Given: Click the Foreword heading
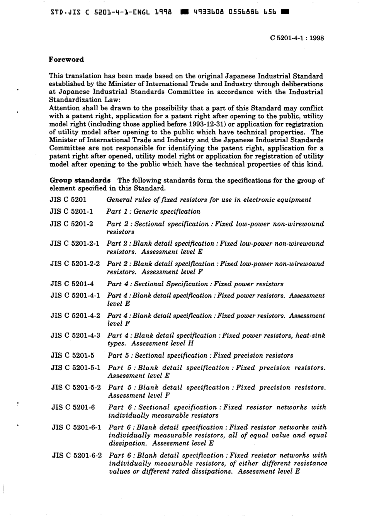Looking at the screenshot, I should (66, 60).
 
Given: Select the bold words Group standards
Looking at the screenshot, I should (80, 180).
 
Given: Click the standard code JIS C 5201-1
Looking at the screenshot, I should (71, 212).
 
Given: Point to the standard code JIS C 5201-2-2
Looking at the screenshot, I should (75, 264).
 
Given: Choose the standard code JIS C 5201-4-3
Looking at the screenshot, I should (75, 335).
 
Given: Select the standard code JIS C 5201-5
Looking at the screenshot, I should (72, 355).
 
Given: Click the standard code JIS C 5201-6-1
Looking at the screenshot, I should (76, 427).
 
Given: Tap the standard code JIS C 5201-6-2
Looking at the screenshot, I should (77, 456).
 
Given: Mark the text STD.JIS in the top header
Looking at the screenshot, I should (65, 12).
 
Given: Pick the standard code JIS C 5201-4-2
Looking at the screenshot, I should (75, 316).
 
